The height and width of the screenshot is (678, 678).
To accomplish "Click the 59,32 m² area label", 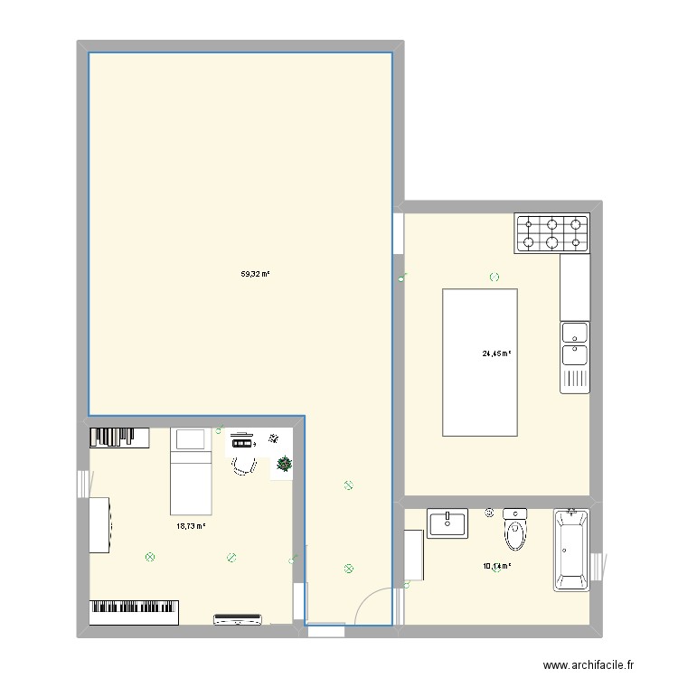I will (256, 274).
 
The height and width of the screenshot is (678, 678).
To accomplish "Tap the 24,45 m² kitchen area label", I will (496, 354).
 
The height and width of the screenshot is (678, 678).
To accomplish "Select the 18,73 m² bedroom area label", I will (191, 525).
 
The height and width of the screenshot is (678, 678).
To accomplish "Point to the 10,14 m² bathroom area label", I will (496, 567).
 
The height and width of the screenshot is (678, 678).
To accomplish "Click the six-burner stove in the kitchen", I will (552, 233).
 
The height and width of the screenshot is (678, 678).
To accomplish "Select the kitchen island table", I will (479, 362).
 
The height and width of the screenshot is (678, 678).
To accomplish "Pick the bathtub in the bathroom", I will (571, 549).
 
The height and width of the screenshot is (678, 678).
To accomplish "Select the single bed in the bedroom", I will (190, 470).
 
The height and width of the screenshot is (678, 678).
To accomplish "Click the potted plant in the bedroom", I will (285, 465).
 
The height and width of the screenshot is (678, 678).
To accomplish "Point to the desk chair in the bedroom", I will (243, 464).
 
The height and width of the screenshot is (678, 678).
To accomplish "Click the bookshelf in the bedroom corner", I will (118, 438).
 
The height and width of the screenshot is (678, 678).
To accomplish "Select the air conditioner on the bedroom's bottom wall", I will (240, 619).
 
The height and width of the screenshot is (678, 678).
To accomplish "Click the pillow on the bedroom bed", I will (190, 440).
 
